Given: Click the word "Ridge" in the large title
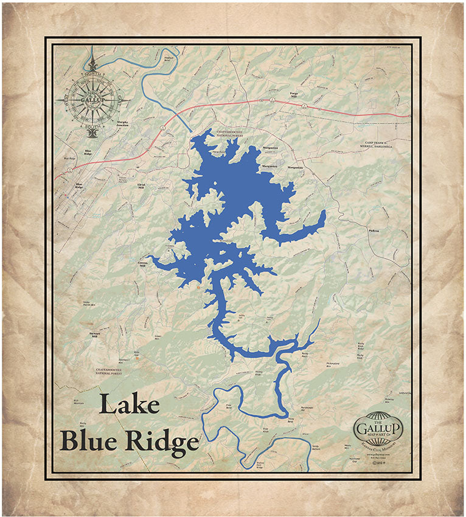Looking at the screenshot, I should (164, 442).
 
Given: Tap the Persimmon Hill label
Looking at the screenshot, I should (306, 408).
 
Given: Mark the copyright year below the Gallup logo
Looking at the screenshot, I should (378, 462).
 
